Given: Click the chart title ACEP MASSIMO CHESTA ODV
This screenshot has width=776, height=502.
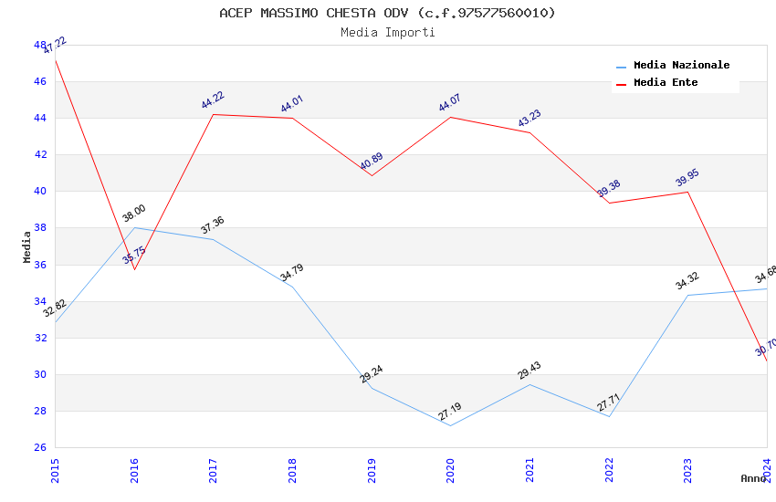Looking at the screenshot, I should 387,13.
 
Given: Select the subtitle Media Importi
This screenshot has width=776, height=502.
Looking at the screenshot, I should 387,32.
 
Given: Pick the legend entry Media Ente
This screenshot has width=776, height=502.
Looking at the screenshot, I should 666,83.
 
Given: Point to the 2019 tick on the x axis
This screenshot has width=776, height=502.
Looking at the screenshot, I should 372,469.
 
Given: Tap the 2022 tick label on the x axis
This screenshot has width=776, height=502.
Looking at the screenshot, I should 609,469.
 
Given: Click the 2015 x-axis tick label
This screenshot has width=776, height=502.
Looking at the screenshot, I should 55,469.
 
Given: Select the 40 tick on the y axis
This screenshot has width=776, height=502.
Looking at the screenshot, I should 40,192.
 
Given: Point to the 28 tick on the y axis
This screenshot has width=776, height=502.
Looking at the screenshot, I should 40,411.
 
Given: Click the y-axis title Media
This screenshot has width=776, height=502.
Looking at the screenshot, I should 27,246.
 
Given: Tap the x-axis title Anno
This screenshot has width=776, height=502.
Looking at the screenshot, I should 753,478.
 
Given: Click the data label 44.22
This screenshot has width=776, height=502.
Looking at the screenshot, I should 213,100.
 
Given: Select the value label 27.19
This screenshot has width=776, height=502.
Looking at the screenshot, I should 450,412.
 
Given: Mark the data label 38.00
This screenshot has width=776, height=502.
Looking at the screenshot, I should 134,214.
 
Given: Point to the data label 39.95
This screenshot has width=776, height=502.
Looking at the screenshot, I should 687,178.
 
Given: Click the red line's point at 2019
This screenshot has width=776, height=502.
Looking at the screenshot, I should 372,175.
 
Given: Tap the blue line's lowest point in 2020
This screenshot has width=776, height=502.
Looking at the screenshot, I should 450,425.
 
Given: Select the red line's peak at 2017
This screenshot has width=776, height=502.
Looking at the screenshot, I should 213,114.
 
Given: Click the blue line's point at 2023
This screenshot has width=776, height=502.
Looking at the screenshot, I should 687,295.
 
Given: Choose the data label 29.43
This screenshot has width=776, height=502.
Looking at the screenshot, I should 530,371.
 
